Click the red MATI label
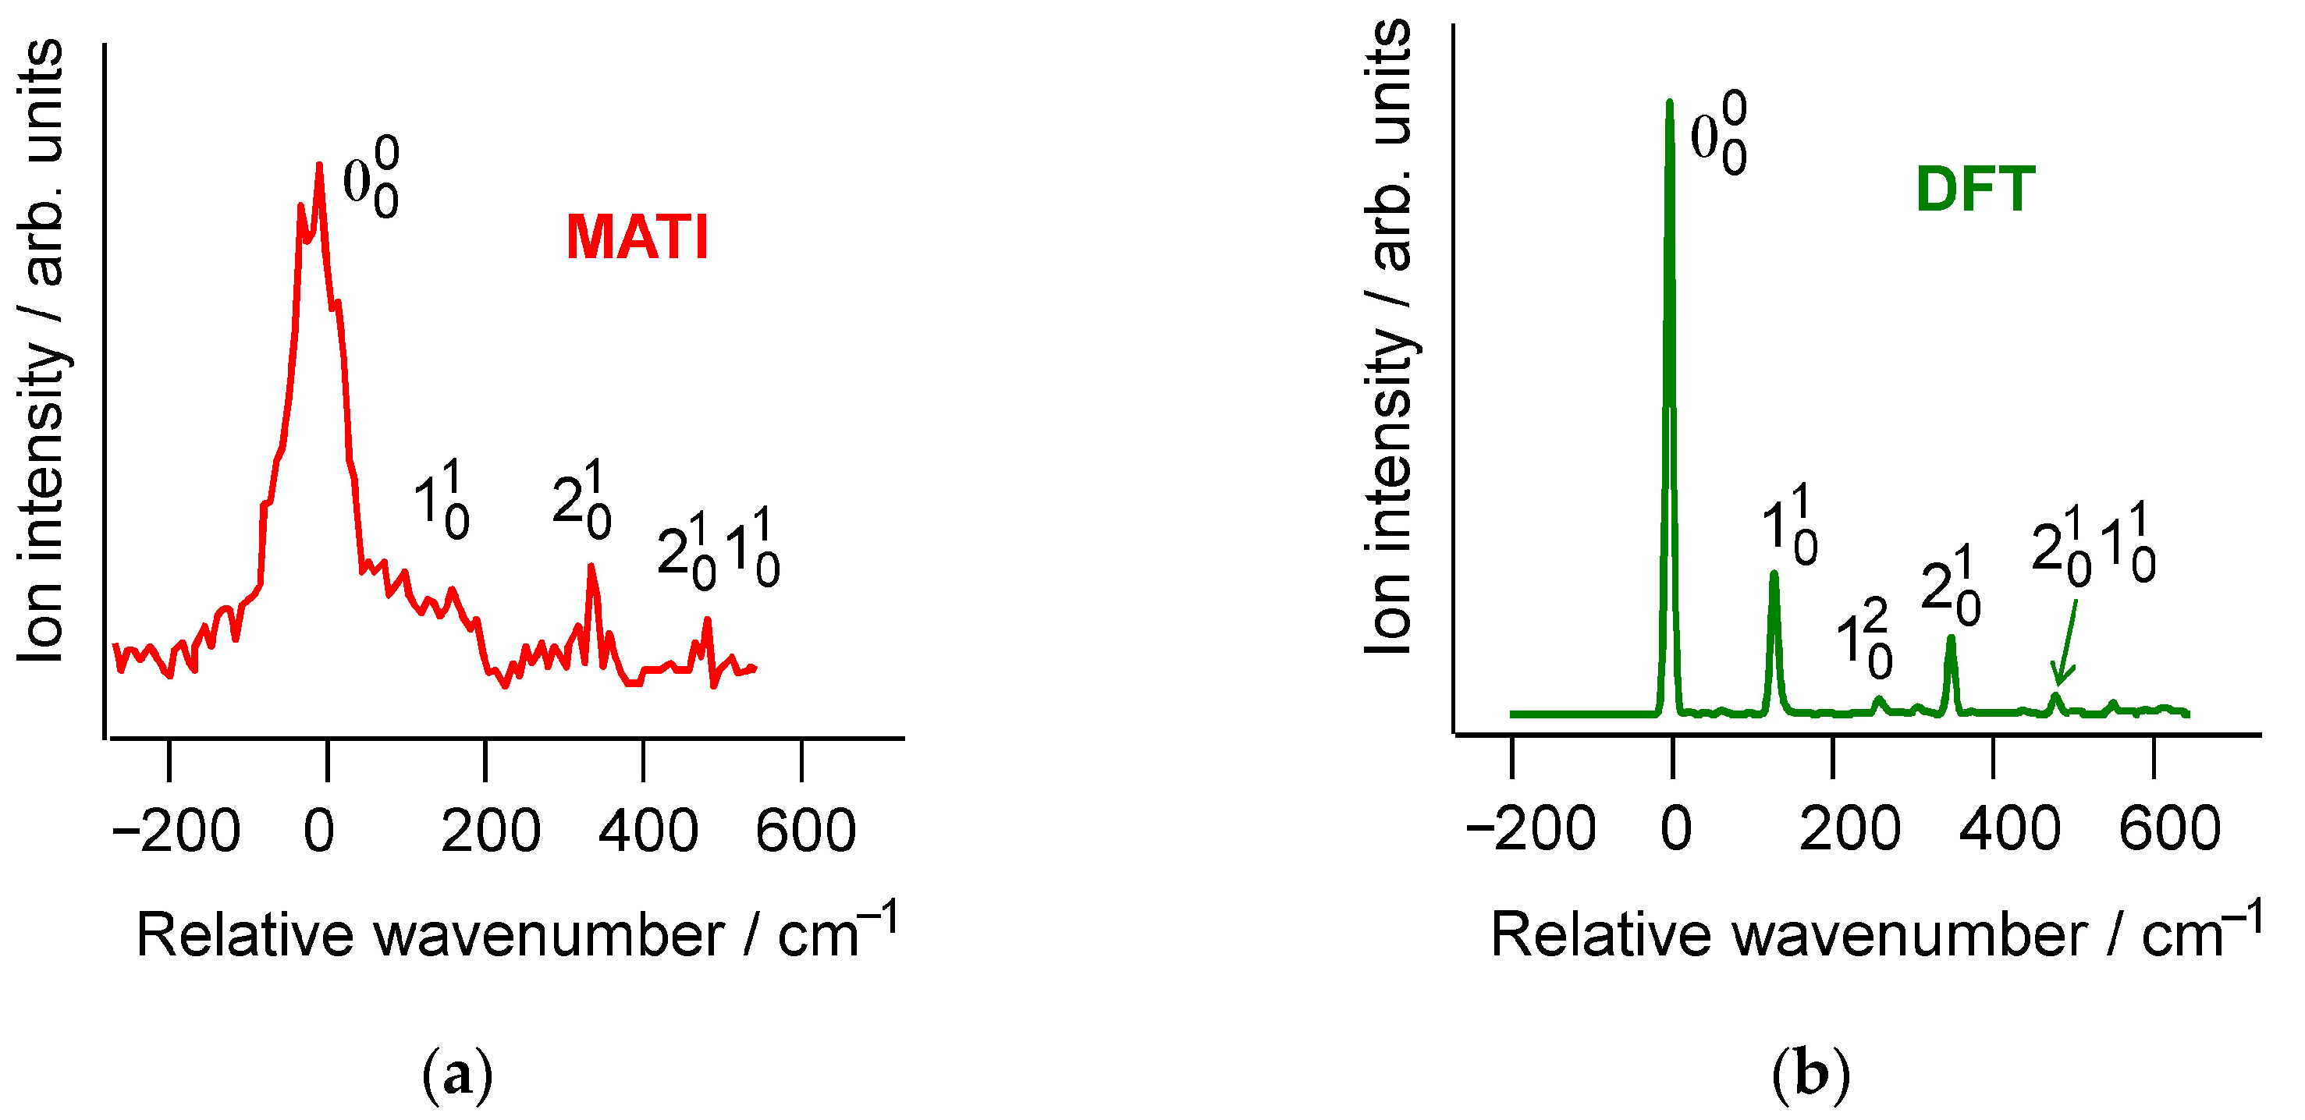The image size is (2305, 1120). (637, 238)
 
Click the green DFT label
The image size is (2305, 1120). (1975, 190)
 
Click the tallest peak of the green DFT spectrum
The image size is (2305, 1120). (1670, 103)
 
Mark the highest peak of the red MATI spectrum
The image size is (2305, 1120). (319, 166)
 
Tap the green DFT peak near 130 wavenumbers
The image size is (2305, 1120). (1774, 574)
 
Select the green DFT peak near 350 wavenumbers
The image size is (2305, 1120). (1952, 639)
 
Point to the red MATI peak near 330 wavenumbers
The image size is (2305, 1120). (591, 567)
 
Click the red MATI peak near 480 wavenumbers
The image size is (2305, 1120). (707, 620)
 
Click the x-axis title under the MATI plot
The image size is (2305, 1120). (517, 935)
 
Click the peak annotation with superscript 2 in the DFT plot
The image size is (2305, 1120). (1865, 640)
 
